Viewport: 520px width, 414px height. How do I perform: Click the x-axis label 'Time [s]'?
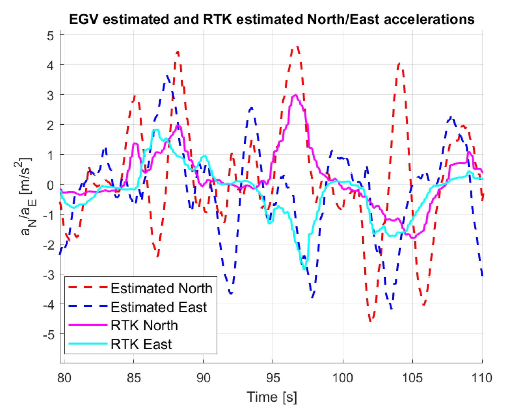tap(272, 397)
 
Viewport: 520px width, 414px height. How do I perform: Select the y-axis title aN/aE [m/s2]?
tap(26, 196)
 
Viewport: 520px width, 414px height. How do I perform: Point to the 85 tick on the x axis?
tap(134, 378)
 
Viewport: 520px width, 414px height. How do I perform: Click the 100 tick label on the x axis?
tap(343, 378)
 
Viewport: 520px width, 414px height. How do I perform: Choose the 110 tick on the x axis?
tap(482, 378)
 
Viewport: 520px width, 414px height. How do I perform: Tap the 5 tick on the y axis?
tap(50, 36)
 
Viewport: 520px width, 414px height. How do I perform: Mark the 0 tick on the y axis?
tap(50, 185)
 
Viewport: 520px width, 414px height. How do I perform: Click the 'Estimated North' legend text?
tap(161, 288)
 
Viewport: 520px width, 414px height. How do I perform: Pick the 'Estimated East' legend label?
tap(159, 307)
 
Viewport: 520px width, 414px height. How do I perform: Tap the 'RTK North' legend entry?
tap(144, 325)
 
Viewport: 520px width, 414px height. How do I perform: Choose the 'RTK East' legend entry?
tap(141, 344)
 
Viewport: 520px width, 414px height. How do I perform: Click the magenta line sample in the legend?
tap(88, 325)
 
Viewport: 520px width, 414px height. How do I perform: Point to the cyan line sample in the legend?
tap(88, 344)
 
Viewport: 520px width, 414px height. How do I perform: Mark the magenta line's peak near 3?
tap(295, 95)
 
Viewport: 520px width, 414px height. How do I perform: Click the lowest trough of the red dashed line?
tap(370, 321)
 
